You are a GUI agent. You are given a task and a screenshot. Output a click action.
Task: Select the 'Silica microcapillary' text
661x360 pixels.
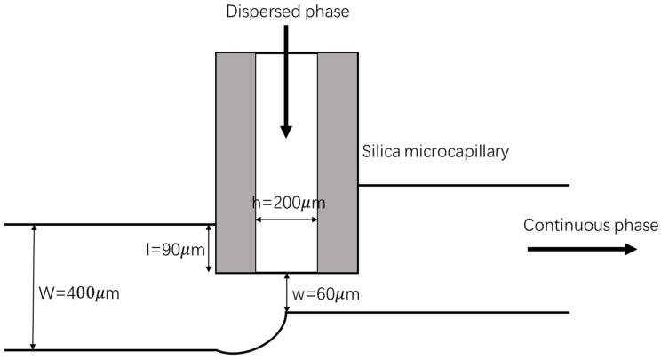pyautogui.click(x=435, y=151)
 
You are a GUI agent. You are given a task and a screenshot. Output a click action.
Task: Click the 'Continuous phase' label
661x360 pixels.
pyautogui.click(x=590, y=224)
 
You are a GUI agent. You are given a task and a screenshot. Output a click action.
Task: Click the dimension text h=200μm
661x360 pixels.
pyautogui.click(x=287, y=203)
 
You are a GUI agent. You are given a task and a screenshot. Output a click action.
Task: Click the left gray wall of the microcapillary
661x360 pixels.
pyautogui.click(x=235, y=162)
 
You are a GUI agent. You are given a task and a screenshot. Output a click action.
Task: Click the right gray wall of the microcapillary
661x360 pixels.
pyautogui.click(x=338, y=162)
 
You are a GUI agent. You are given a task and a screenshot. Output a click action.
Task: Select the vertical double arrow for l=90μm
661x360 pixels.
pyautogui.click(x=209, y=249)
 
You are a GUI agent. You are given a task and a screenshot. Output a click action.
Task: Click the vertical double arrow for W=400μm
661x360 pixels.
pyautogui.click(x=34, y=287)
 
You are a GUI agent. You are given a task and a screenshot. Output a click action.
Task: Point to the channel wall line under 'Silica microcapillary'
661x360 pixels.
pyautogui.click(x=462, y=185)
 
